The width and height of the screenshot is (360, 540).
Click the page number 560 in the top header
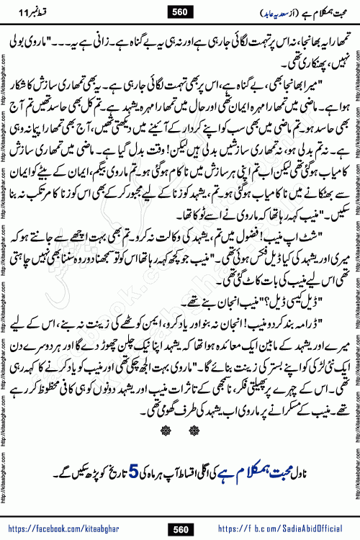(x=179, y=10)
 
